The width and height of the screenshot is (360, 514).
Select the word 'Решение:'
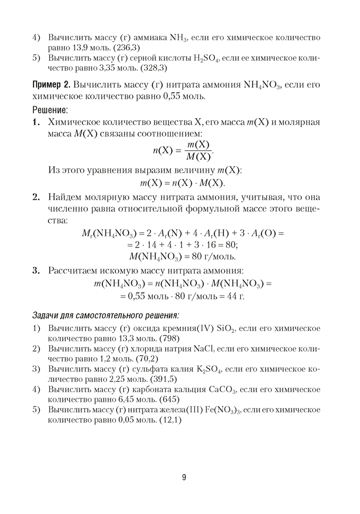(50, 110)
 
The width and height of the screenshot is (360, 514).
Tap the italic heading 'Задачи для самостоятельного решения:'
(106, 314)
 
